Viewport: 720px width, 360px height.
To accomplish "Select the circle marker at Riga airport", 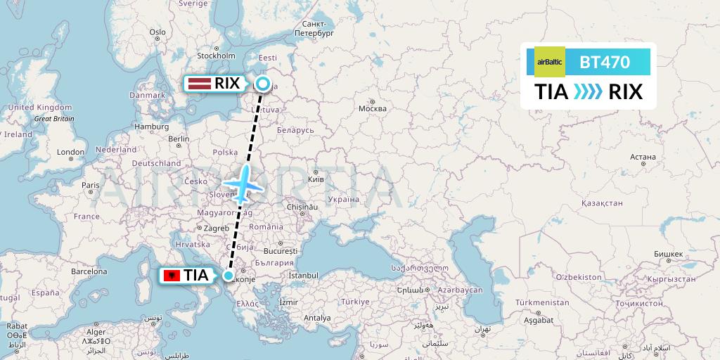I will (262, 84).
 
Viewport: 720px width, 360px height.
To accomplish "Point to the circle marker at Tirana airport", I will (229, 276).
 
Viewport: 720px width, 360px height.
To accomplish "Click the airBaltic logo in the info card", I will (549, 62).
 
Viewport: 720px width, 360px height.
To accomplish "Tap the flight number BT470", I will (605, 62).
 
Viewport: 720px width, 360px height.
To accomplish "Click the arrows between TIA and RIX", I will (588, 92).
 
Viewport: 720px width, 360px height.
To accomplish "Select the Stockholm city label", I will (216, 56).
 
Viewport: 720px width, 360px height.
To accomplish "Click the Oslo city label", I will (157, 32).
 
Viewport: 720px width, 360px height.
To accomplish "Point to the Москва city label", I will (372, 108).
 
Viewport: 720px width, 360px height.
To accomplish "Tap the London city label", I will (70, 152).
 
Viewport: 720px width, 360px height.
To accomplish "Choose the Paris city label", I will (89, 185).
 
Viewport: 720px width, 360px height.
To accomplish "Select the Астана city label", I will (643, 157).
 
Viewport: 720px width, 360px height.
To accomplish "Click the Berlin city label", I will (179, 139).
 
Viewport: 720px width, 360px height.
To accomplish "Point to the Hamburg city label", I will (149, 127).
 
